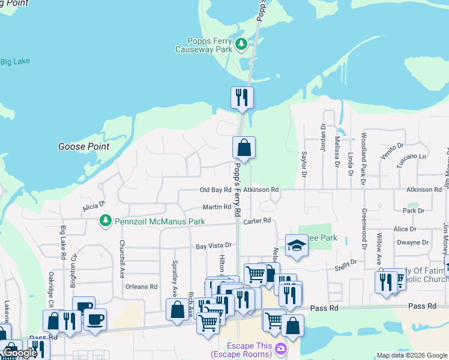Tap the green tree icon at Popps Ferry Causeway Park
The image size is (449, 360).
click(x=241, y=44)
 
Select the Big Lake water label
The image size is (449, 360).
click(x=15, y=61)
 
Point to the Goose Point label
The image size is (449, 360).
click(x=83, y=146)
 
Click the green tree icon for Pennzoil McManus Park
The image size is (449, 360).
click(x=106, y=221)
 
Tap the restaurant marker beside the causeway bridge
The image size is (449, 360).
click(x=242, y=97)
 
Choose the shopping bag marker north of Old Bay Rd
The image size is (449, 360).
click(x=244, y=147)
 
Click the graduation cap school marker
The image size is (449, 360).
click(x=296, y=245)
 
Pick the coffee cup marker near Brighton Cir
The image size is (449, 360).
click(x=94, y=319)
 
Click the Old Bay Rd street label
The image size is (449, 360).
click(x=215, y=190)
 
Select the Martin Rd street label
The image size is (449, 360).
click(x=217, y=207)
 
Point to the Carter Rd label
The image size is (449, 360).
click(x=258, y=221)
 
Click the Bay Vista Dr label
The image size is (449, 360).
click(x=214, y=246)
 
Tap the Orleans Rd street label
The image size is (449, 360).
click(x=141, y=287)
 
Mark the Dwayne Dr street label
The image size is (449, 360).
click(x=412, y=243)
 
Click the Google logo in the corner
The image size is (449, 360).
click(x=20, y=353)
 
